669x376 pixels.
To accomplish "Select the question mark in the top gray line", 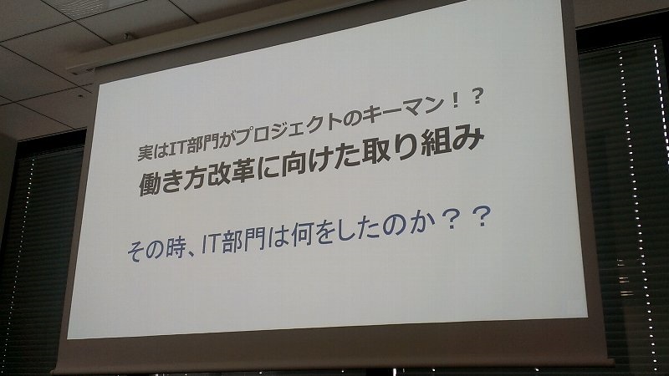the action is coord(477,98).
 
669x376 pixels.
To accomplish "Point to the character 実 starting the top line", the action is coord(145,153).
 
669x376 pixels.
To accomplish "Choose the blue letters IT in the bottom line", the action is coord(211,244).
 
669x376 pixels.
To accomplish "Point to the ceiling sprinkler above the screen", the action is coord(125,35).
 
